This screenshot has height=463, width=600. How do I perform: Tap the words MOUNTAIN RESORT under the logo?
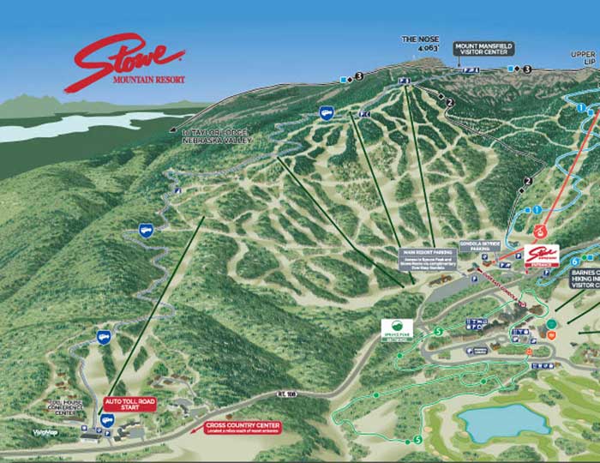point(148,80)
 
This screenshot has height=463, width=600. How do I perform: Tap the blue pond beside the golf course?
point(502,421)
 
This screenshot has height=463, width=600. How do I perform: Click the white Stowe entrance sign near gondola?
point(540,255)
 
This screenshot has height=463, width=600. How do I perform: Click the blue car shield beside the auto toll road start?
point(107,421)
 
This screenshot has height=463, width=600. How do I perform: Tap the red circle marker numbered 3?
point(540,231)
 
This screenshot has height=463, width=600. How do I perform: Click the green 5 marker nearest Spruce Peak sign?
point(439,332)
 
